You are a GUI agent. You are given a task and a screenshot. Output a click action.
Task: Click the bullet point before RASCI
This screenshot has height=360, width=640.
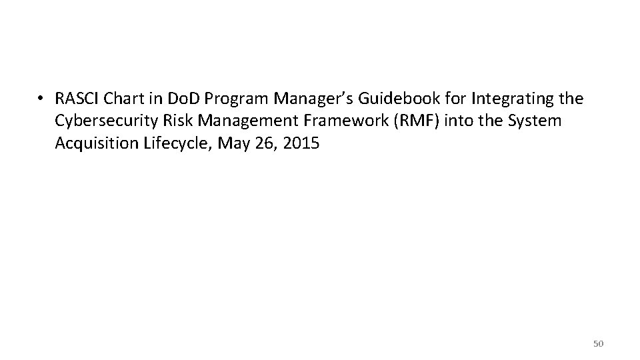tap(41, 99)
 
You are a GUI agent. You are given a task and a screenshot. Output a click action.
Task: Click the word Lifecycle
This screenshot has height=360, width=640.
tap(169, 144)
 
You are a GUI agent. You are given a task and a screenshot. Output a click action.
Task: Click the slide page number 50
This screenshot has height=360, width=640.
tap(598, 343)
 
